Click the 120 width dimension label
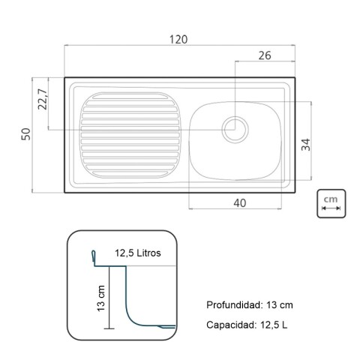(178, 39)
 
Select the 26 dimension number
(264, 54)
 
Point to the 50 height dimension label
(25, 134)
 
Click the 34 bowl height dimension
(305, 145)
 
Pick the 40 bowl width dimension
(239, 202)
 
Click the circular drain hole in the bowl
(235, 126)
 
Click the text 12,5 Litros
(138, 253)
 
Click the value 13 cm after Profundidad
(278, 305)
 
